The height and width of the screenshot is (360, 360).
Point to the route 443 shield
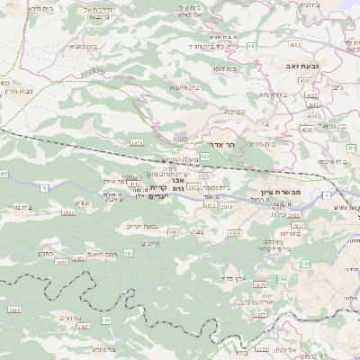[251, 45]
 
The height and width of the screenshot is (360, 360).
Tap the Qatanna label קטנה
[180, 139]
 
